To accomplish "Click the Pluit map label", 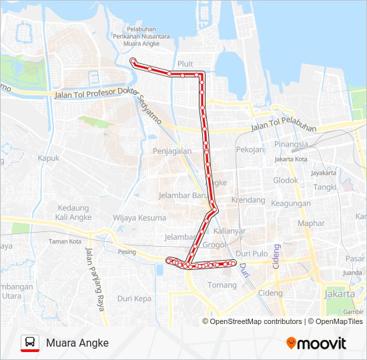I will pyautogui.click(x=186, y=64).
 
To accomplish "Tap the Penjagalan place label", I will pyautogui.click(x=172, y=151).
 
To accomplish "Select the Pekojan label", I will pyautogui.click(x=250, y=149).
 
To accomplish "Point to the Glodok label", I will pyautogui.click(x=286, y=180).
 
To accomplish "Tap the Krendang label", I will pyautogui.click(x=248, y=200).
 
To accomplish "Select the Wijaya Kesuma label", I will pyautogui.click(x=139, y=218).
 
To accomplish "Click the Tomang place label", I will pyautogui.click(x=222, y=285).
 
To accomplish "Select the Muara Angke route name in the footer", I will pyautogui.click(x=77, y=343).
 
